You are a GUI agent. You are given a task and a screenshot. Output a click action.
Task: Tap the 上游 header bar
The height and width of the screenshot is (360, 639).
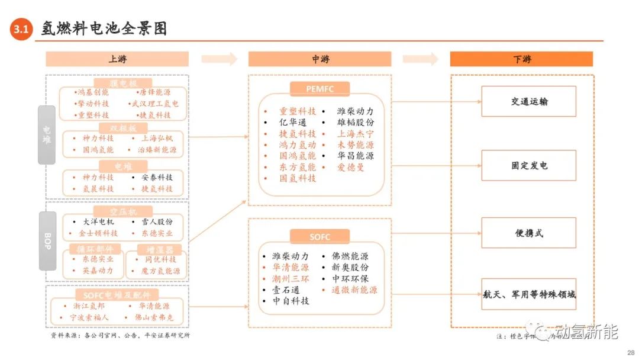pyautogui.click(x=117, y=59)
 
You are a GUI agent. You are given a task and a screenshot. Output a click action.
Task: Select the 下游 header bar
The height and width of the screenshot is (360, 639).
pyautogui.click(x=521, y=59)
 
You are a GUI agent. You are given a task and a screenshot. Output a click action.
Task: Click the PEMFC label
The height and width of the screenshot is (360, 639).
pyautogui.click(x=319, y=89)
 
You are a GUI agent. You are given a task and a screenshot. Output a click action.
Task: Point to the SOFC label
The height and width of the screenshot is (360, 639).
pyautogui.click(x=319, y=237)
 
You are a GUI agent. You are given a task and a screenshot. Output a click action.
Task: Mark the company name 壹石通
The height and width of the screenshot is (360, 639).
pyautogui.click(x=286, y=290)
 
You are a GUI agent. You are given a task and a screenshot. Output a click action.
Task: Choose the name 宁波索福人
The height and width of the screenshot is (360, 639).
pyautogui.click(x=89, y=318)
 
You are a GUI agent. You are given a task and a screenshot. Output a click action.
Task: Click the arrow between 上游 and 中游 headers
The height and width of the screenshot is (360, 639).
pyautogui.click(x=219, y=59)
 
